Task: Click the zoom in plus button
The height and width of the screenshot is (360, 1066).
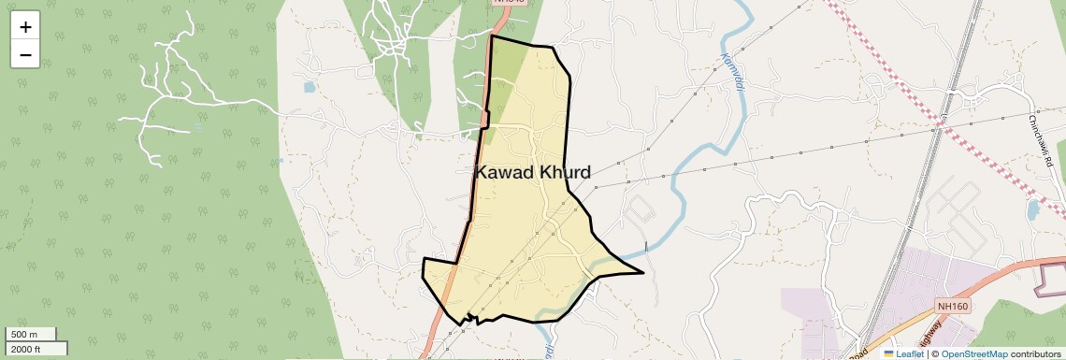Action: pyautogui.click(x=25, y=27)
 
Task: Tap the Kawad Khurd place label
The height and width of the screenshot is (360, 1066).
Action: pyautogui.click(x=533, y=172)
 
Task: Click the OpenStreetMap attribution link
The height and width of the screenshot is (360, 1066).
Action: pyautogui.click(x=973, y=353)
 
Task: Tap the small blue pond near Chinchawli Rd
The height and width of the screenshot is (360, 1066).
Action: pyautogui.click(x=1032, y=209)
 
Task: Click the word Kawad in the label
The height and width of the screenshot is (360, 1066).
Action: pyautogui.click(x=504, y=172)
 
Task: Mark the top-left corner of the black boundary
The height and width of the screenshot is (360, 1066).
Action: pyautogui.click(x=492, y=36)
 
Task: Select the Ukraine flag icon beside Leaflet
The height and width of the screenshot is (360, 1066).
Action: pyautogui.click(x=888, y=353)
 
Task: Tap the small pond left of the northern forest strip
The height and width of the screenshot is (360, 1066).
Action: pyautogui.click(x=310, y=87)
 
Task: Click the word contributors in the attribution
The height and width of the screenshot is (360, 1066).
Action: pyautogui.click(x=1035, y=353)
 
